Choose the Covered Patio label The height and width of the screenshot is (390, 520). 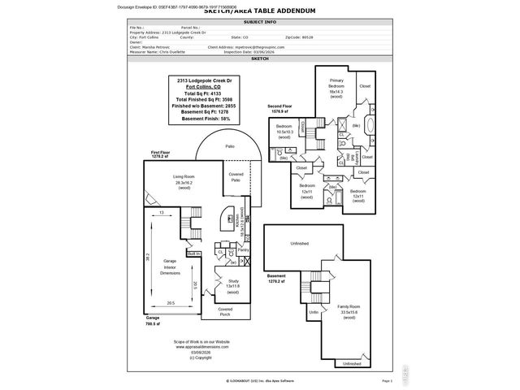point(236,176)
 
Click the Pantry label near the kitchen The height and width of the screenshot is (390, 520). point(243,250)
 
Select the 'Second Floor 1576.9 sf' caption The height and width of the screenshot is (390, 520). point(282,109)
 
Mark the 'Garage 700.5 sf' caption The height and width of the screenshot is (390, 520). point(154,321)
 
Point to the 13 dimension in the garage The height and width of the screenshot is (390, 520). point(161,212)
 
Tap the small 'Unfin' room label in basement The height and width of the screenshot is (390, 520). point(314,312)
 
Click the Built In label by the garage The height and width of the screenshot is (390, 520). point(193,254)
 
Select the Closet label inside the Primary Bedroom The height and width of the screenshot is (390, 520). point(365,86)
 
